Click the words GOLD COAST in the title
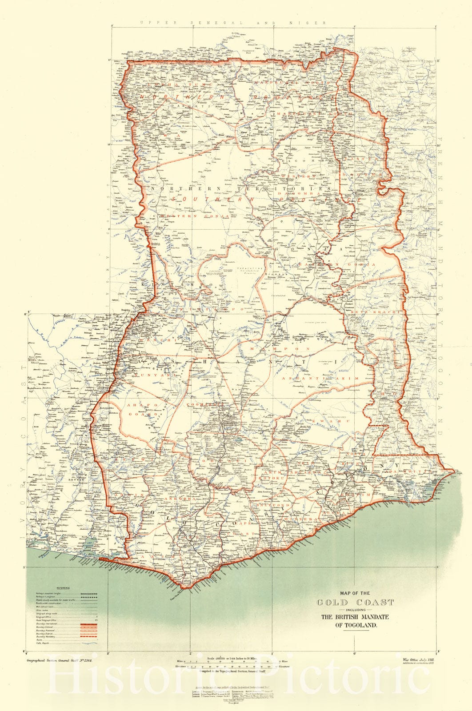[355, 603]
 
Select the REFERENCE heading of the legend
[60, 587]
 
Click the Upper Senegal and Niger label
[232, 23]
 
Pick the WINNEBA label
[302, 519]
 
